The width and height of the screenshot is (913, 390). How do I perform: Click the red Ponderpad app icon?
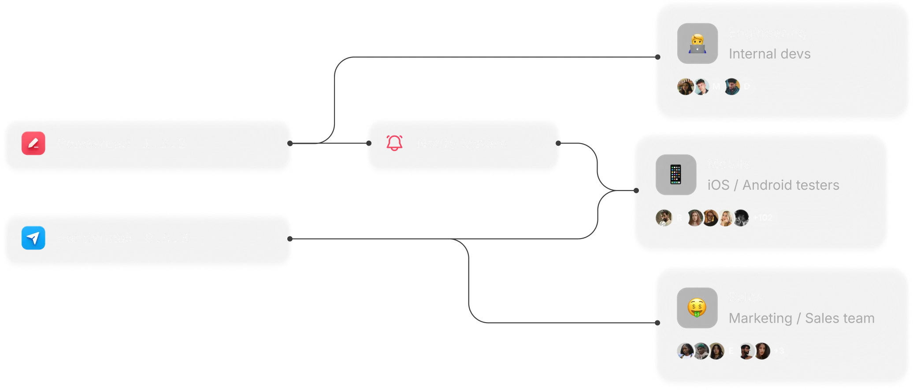coord(33,143)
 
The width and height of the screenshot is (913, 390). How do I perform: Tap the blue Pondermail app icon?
coord(33,238)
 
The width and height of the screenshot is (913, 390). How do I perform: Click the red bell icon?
coord(394,143)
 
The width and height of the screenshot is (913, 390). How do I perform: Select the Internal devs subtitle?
coord(769,54)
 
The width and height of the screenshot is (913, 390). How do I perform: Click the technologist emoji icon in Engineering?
coord(697,44)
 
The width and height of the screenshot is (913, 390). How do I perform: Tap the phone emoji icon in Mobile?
coord(676,175)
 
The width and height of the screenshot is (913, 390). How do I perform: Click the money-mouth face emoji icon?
coord(697,308)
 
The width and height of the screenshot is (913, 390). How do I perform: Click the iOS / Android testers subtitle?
coord(773,185)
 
